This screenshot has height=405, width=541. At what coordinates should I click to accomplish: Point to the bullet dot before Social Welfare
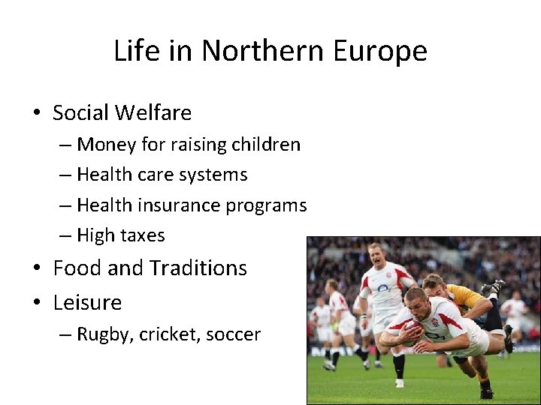[x=37, y=114]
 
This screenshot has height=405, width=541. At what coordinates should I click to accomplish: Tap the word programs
[x=270, y=206]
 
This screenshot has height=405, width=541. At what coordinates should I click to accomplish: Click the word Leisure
[x=87, y=303]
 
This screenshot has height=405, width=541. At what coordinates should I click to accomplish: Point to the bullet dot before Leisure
[x=37, y=304]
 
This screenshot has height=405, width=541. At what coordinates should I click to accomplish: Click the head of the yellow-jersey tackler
[x=433, y=285]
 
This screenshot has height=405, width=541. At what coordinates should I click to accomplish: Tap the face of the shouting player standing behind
[x=376, y=256]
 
